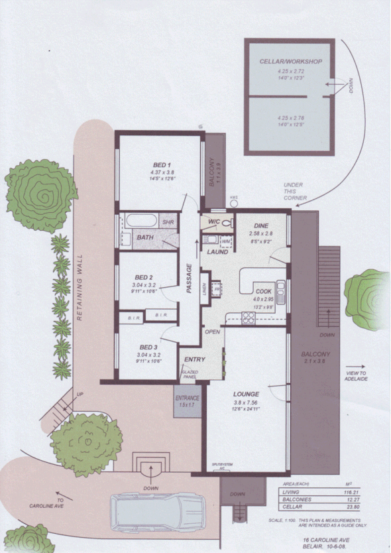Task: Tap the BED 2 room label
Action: [144, 277]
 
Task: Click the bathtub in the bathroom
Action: [139, 221]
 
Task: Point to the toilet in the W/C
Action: [227, 221]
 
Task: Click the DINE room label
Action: [260, 225]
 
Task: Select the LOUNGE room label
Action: [246, 394]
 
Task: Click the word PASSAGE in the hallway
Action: [188, 279]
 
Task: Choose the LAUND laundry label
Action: [217, 253]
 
